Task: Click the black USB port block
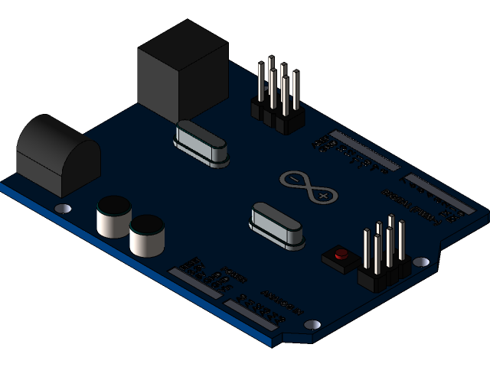point(181,70)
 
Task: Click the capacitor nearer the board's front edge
point(147,236)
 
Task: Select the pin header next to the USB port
point(277,99)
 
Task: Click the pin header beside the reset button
point(383,256)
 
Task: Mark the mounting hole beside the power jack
point(64,208)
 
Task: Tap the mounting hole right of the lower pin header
point(420,261)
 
